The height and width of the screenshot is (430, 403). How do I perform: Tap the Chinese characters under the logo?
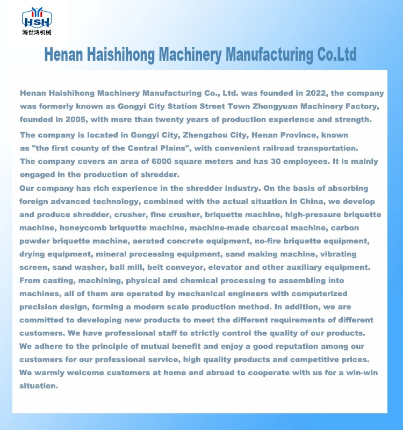pos(36,33)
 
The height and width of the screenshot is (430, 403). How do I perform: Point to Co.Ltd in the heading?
pos(335,54)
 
